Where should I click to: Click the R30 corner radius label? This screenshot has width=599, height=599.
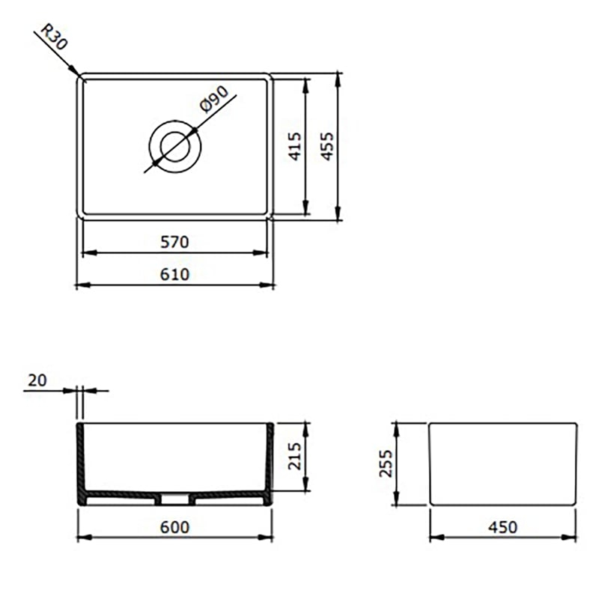coord(55,38)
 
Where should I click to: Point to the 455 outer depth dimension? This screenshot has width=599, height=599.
coord(326,146)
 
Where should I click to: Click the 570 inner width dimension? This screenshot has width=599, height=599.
coord(174,242)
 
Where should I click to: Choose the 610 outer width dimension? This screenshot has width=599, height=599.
coord(174,274)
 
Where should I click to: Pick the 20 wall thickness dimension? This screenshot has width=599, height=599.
coord(37,380)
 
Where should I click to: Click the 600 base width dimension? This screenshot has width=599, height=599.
coord(174,527)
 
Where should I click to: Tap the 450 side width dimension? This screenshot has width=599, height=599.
coord(502,527)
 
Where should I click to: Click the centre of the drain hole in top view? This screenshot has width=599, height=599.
coord(174,145)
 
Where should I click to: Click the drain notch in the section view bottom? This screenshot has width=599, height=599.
coord(174,496)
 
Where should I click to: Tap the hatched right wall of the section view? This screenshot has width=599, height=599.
coord(269,460)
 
